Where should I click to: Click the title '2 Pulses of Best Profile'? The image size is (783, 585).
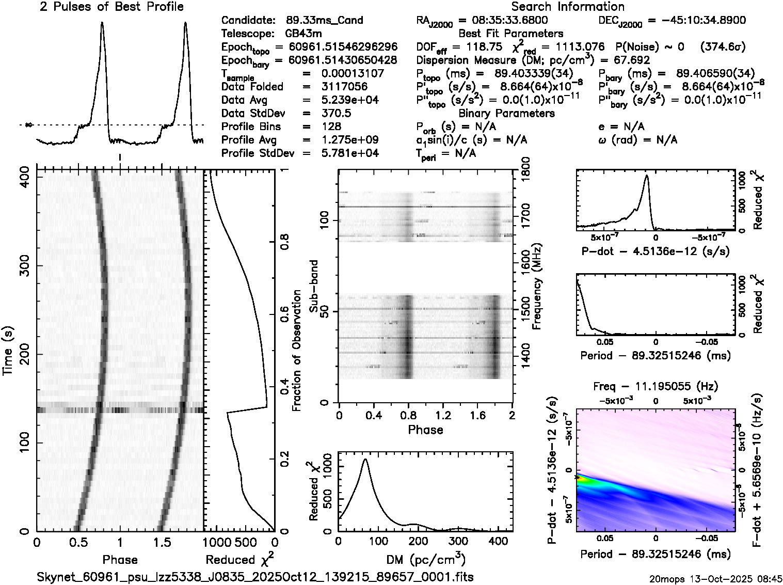coord(111,7)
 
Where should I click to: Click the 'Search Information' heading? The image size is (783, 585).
coord(568,7)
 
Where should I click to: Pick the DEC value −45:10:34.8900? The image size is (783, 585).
coord(697,20)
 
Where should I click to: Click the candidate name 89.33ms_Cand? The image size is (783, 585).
coord(324,20)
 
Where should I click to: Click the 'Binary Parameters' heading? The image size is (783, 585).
coord(506,113)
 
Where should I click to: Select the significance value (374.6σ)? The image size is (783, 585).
coord(723,47)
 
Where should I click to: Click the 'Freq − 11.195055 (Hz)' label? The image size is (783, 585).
coord(656,386)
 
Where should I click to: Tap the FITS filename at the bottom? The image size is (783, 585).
coord(255,577)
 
